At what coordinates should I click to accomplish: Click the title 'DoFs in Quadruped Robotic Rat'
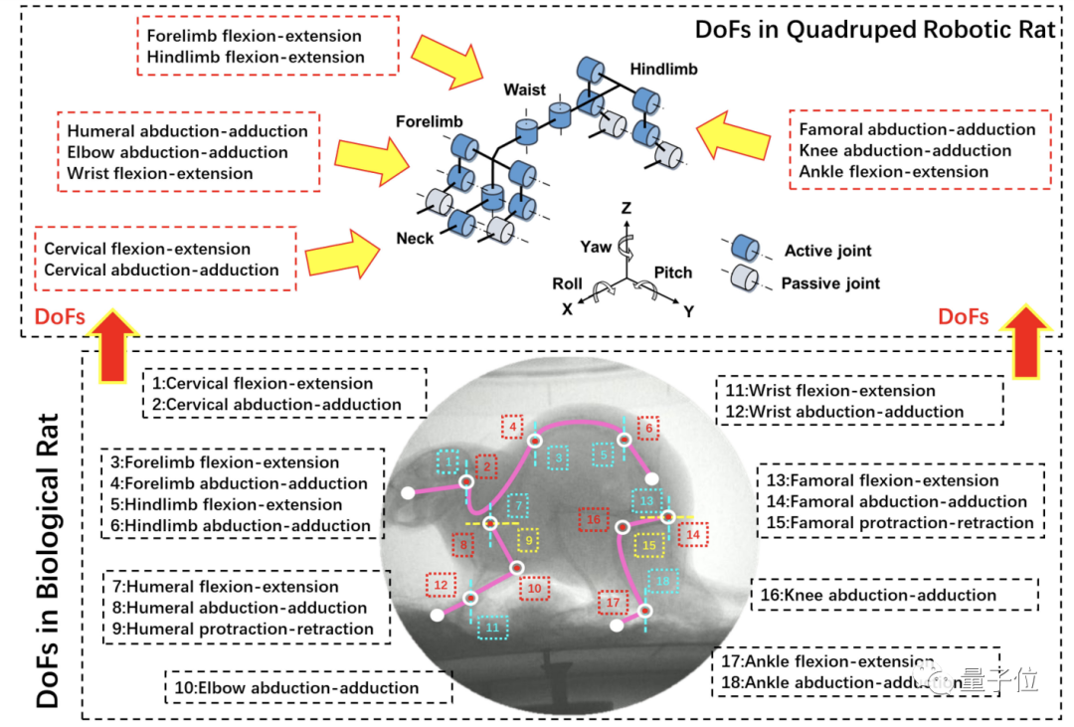874,29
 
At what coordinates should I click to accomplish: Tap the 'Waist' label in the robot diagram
524,91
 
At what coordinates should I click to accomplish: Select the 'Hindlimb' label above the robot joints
663,70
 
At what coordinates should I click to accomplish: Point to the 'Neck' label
415,239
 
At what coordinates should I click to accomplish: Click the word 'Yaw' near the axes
597,245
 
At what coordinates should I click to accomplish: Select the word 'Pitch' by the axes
672,273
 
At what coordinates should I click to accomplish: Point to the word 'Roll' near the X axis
567,283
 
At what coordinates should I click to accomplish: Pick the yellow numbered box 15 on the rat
650,545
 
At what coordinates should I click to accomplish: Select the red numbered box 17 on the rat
613,603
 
